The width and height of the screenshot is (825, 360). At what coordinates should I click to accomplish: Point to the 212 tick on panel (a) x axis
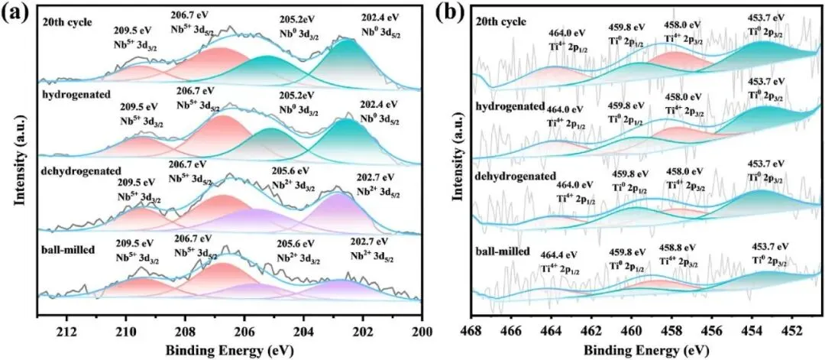(67, 333)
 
